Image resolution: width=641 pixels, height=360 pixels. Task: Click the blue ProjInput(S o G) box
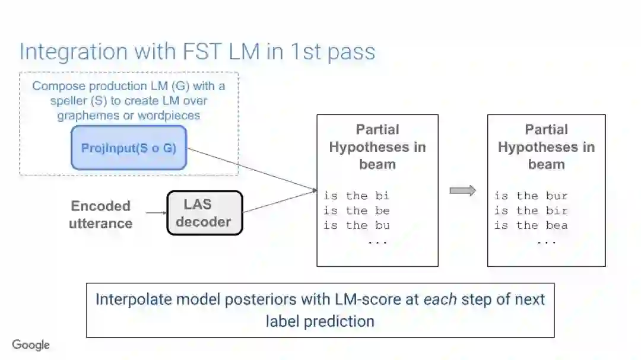point(128,148)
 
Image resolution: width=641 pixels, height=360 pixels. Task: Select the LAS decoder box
point(204,213)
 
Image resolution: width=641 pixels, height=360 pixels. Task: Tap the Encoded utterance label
point(100,215)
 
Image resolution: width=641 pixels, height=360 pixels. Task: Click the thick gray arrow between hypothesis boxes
point(462,190)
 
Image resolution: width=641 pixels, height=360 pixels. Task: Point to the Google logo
point(31,345)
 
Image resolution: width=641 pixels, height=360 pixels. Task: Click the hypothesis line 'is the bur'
point(531,196)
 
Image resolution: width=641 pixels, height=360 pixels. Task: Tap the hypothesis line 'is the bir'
point(531,211)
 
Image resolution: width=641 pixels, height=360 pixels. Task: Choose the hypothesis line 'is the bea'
point(531,225)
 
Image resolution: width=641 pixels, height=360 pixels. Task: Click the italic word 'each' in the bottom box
point(440,299)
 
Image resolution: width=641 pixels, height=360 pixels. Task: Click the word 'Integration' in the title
point(74,52)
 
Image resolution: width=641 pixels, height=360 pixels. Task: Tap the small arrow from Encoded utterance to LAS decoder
point(156,212)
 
